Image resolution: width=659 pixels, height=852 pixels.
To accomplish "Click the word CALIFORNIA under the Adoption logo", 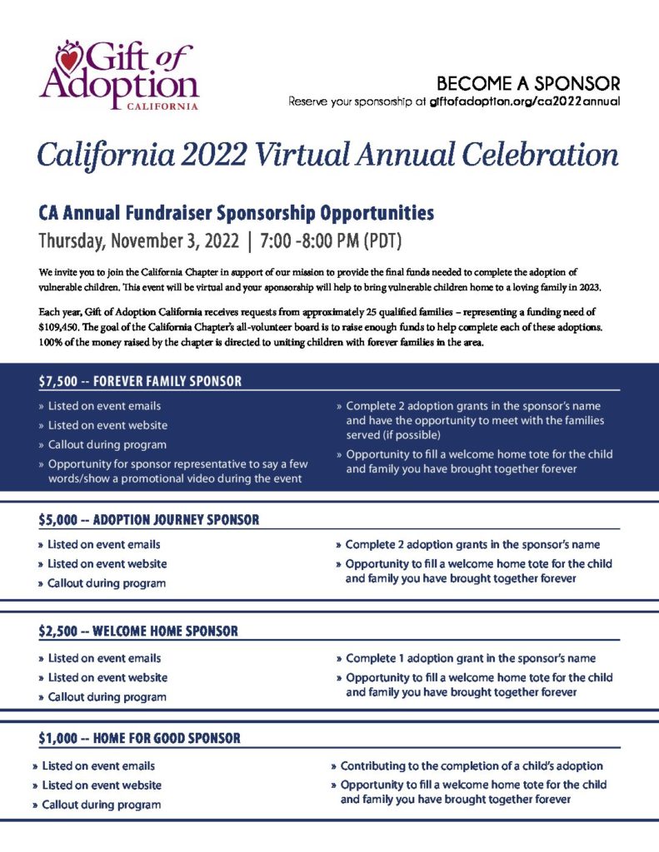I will [162, 106].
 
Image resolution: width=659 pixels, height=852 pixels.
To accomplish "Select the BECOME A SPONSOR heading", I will [528, 83].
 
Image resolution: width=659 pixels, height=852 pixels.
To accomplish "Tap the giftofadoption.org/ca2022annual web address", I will [525, 102].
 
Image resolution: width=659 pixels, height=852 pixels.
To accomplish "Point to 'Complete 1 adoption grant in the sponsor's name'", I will [471, 658].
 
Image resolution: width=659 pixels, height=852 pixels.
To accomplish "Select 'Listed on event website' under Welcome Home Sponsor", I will [107, 677].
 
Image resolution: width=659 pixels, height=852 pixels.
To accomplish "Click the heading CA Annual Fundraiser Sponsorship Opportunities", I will [237, 213].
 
